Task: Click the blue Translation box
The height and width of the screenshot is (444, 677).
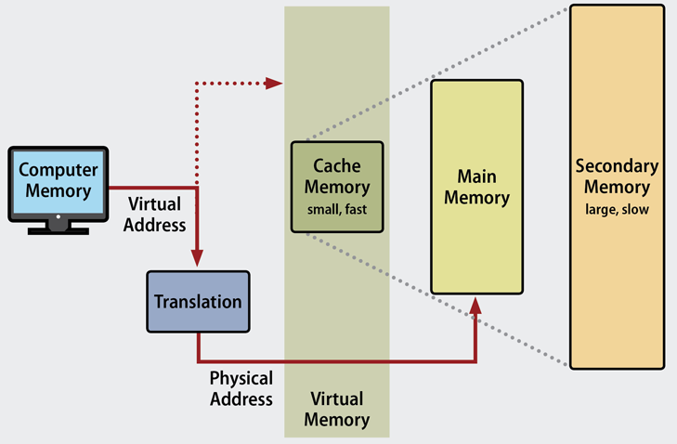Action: [198, 302]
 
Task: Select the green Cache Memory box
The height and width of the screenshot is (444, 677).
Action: [337, 187]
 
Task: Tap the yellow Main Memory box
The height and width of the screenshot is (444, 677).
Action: [476, 186]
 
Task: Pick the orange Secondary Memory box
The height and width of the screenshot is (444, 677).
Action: [617, 186]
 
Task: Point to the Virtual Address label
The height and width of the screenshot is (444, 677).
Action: [155, 214]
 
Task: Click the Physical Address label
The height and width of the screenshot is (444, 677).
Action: [241, 388]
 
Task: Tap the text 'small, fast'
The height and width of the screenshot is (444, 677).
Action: [337, 210]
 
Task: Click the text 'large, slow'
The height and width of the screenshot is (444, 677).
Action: [617, 209]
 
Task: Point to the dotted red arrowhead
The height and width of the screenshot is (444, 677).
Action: [274, 84]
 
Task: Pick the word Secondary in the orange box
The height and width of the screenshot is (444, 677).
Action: [617, 167]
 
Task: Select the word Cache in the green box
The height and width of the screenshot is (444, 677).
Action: [337, 166]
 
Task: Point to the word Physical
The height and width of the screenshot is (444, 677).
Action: [241, 379]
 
